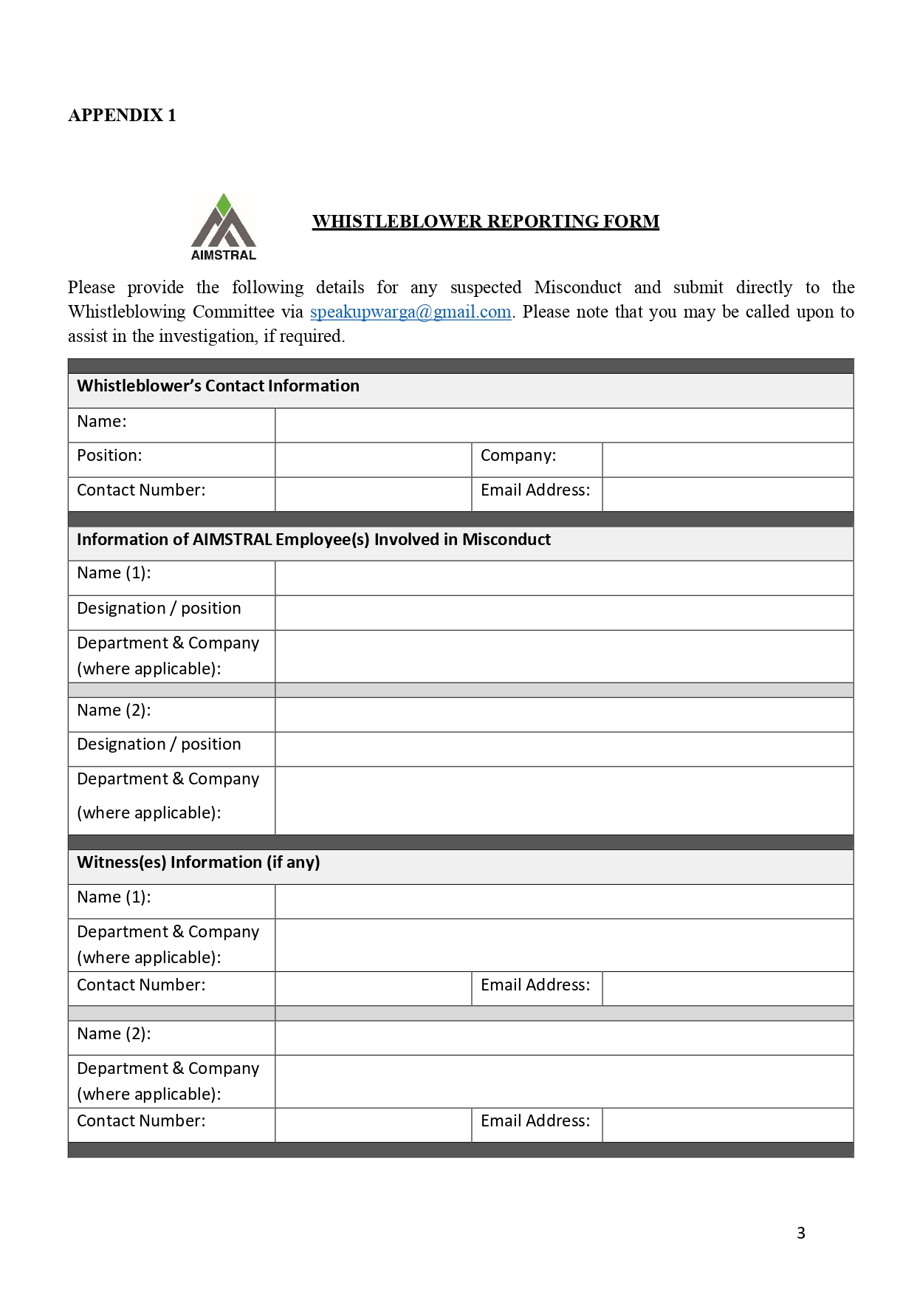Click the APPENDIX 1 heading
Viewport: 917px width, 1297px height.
coord(122,115)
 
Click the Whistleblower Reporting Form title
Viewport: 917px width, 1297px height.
coord(485,222)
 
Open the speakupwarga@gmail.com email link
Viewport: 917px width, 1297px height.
coord(411,312)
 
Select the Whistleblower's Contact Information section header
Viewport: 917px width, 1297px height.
coord(218,386)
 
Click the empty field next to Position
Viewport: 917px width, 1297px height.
coord(373,459)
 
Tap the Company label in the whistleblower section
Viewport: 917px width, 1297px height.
coord(518,456)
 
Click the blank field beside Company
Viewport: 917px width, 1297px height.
coord(727,459)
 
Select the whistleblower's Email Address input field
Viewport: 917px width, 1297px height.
coord(727,494)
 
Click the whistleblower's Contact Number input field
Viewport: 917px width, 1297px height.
coord(373,494)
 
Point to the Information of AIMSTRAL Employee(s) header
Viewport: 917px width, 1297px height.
coord(314,540)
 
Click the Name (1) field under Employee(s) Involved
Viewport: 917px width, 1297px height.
coord(564,578)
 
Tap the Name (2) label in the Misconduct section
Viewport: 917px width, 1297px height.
coord(114,711)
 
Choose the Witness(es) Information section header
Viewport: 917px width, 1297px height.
coord(199,863)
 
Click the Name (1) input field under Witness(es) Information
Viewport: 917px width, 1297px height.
coord(564,902)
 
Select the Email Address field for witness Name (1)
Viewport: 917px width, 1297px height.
coord(727,988)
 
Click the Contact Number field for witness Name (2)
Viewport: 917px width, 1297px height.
coord(373,1125)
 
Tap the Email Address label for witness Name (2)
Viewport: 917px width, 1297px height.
coord(535,1121)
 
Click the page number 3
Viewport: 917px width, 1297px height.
coord(801,1233)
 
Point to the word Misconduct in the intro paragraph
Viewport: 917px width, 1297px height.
coord(577,287)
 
